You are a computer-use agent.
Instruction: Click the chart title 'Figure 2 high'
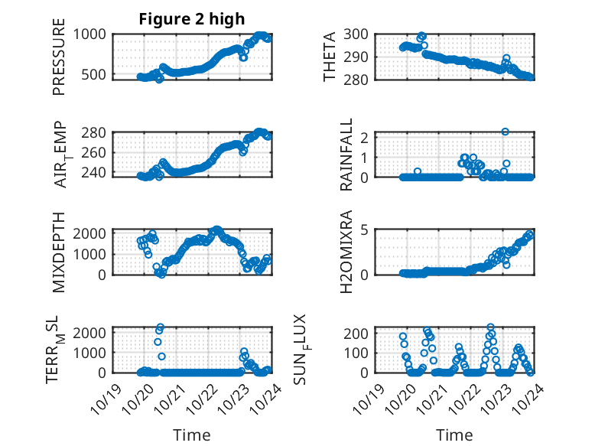click(x=191, y=19)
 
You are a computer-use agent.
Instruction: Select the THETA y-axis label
click(x=330, y=57)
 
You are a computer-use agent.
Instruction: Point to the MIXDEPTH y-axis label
click(x=59, y=252)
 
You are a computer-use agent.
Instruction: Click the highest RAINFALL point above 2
click(x=506, y=132)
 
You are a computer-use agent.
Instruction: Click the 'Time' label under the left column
click(x=191, y=435)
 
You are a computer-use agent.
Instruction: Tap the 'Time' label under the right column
click(x=454, y=435)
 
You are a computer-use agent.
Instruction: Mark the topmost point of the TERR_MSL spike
click(x=161, y=327)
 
